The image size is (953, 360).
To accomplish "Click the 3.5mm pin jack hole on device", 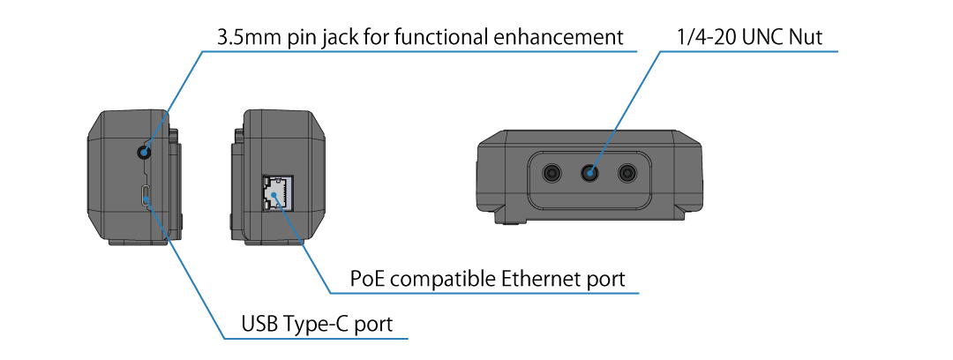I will pyautogui.click(x=145, y=152).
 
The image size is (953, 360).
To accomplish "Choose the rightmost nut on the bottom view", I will pyautogui.click(x=627, y=173).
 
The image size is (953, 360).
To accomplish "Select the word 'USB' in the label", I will pyautogui.click(x=259, y=326).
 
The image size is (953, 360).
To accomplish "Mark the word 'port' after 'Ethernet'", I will pyautogui.click(x=604, y=280).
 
